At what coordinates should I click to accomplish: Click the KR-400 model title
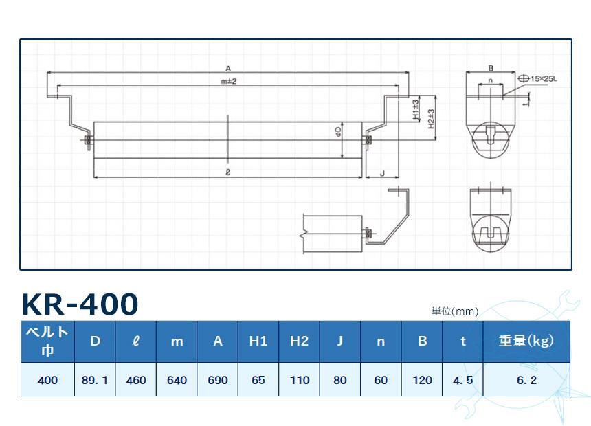tap(80, 304)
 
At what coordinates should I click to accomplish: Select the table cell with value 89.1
tap(95, 380)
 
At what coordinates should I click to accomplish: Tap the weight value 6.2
tap(526, 380)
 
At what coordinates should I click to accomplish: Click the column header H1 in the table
tap(258, 341)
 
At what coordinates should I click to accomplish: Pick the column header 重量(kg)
tap(526, 341)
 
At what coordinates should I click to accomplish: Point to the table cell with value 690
tap(217, 380)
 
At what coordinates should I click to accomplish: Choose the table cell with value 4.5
tap(462, 380)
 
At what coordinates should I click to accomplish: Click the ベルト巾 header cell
tap(47, 341)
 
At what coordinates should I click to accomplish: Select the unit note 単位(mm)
tap(454, 311)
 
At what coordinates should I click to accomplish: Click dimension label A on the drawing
tap(227, 68)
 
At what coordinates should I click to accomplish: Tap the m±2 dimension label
tap(228, 82)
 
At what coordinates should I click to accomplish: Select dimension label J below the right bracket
tap(382, 174)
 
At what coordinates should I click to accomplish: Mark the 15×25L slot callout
tap(540, 80)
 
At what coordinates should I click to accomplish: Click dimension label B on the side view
tap(491, 68)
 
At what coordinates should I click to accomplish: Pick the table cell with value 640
tap(177, 380)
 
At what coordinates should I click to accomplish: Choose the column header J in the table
tap(339, 341)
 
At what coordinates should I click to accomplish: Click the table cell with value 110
tap(299, 380)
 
